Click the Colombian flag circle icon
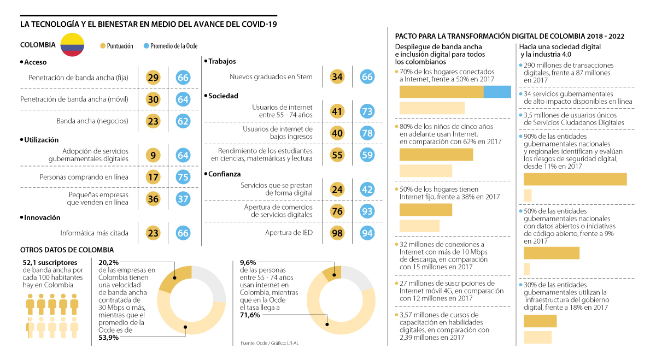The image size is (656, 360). [x=72, y=45]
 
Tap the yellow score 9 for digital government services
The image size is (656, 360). [x=153, y=156]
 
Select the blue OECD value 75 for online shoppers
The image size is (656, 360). [x=183, y=177]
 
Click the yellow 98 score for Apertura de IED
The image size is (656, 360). [x=337, y=233]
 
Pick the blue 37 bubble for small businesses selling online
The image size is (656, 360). [x=183, y=199]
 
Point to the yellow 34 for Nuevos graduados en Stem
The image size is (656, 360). [x=337, y=77]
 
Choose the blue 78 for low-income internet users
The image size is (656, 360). [x=367, y=133]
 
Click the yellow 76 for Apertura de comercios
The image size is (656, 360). [x=337, y=211]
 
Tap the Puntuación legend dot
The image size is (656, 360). [x=103, y=46]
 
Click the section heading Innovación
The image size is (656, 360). [x=42, y=217]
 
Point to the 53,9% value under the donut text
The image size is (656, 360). [x=109, y=338]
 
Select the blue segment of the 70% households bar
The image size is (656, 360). [x=497, y=92]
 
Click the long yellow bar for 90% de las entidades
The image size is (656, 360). [x=575, y=179]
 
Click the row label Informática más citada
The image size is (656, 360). [x=94, y=233]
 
